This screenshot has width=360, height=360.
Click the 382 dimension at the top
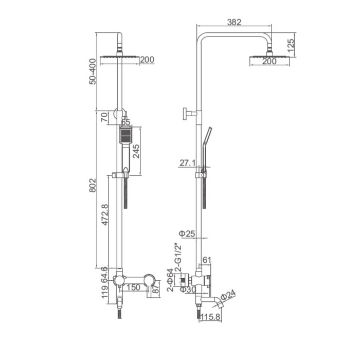(234, 22)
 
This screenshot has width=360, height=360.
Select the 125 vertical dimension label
(290, 45)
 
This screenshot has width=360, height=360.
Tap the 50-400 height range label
(93, 71)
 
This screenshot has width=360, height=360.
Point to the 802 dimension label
(93, 185)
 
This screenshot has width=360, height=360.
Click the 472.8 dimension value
(105, 214)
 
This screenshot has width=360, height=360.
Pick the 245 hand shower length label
(136, 151)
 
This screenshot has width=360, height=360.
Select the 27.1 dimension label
(187, 163)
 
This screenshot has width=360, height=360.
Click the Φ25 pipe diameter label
(187, 233)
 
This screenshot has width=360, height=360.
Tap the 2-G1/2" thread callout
(178, 257)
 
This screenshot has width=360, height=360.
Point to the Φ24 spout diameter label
(228, 295)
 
